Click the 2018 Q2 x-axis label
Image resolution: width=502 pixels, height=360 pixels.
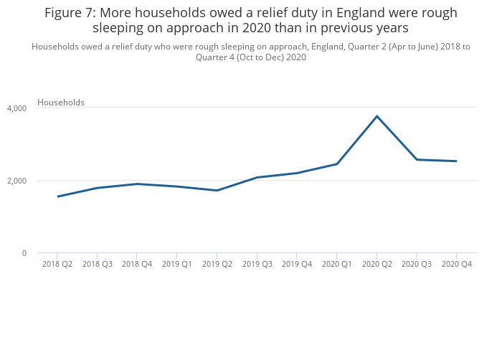[57, 265]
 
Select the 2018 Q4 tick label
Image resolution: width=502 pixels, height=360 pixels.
[137, 265]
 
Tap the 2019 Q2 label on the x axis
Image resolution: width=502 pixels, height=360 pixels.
[217, 265]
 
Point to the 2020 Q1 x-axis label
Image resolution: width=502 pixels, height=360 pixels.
[336, 265]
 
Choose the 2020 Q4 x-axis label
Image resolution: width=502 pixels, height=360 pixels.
[456, 265]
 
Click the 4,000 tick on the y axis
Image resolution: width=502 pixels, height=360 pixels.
[16, 108]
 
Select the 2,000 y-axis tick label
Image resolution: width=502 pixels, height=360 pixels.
[16, 181]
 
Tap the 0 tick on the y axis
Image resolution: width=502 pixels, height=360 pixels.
[24, 253]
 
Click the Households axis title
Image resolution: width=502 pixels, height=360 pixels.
[61, 103]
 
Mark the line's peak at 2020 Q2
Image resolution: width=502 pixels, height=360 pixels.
[376, 116]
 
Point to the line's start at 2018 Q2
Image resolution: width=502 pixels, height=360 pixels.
[57, 196]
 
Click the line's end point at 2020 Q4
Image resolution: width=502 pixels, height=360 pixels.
[456, 161]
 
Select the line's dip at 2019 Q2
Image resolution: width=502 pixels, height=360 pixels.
[217, 190]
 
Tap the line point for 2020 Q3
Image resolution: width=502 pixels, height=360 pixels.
[417, 159]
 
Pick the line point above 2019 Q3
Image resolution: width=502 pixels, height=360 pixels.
[257, 177]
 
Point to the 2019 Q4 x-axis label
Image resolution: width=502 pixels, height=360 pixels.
[296, 265]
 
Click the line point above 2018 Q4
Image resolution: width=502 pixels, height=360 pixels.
[137, 184]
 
